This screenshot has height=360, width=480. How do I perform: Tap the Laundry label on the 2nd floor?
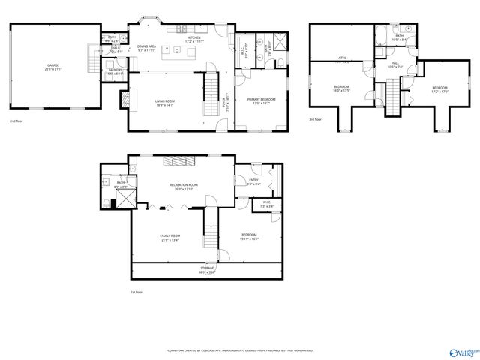pyautogui.click(x=115, y=71)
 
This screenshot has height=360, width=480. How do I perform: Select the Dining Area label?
pyautogui.click(x=146, y=47)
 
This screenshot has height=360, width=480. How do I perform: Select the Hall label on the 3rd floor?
pyautogui.click(x=394, y=65)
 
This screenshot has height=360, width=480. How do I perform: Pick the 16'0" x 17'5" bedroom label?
pyautogui.click(x=341, y=89)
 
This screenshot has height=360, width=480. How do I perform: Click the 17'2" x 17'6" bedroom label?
pyautogui.click(x=439, y=89)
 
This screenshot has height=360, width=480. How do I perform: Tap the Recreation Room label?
pyautogui.click(x=183, y=186)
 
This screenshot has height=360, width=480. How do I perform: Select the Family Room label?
pyautogui.click(x=169, y=237)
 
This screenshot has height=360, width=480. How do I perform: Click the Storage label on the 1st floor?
pyautogui.click(x=207, y=269)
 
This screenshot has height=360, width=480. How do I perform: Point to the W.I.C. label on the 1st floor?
pyautogui.click(x=245, y=204)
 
